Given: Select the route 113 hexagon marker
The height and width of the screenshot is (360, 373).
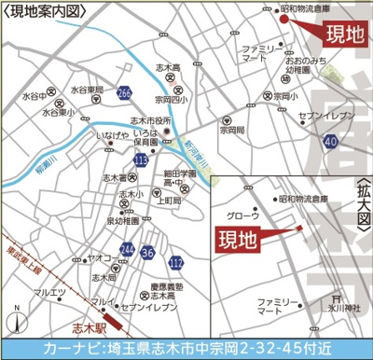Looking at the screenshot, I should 141,161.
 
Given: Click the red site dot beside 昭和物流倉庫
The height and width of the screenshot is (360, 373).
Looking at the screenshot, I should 285,16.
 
